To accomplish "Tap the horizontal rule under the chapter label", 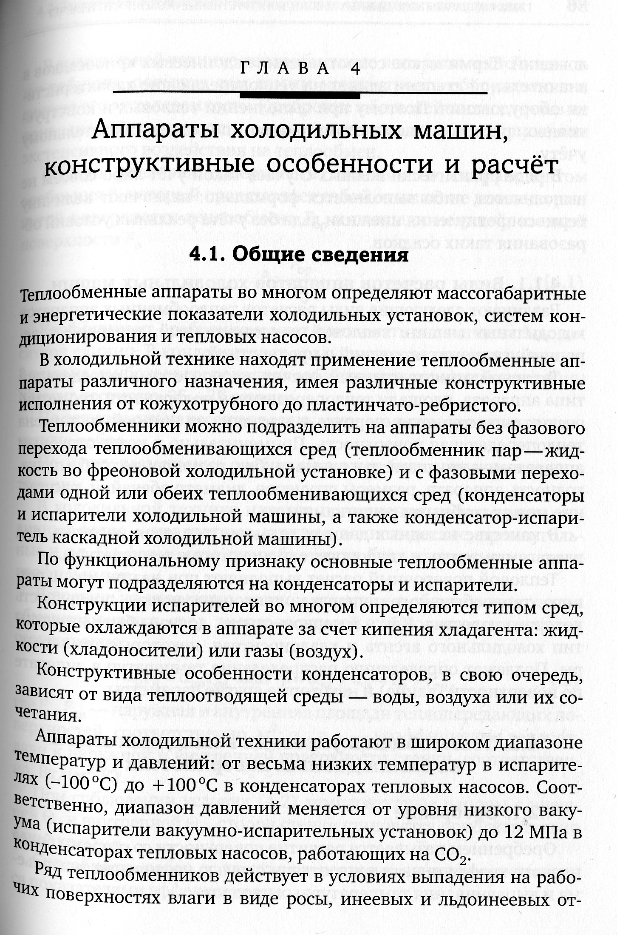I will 300,93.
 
